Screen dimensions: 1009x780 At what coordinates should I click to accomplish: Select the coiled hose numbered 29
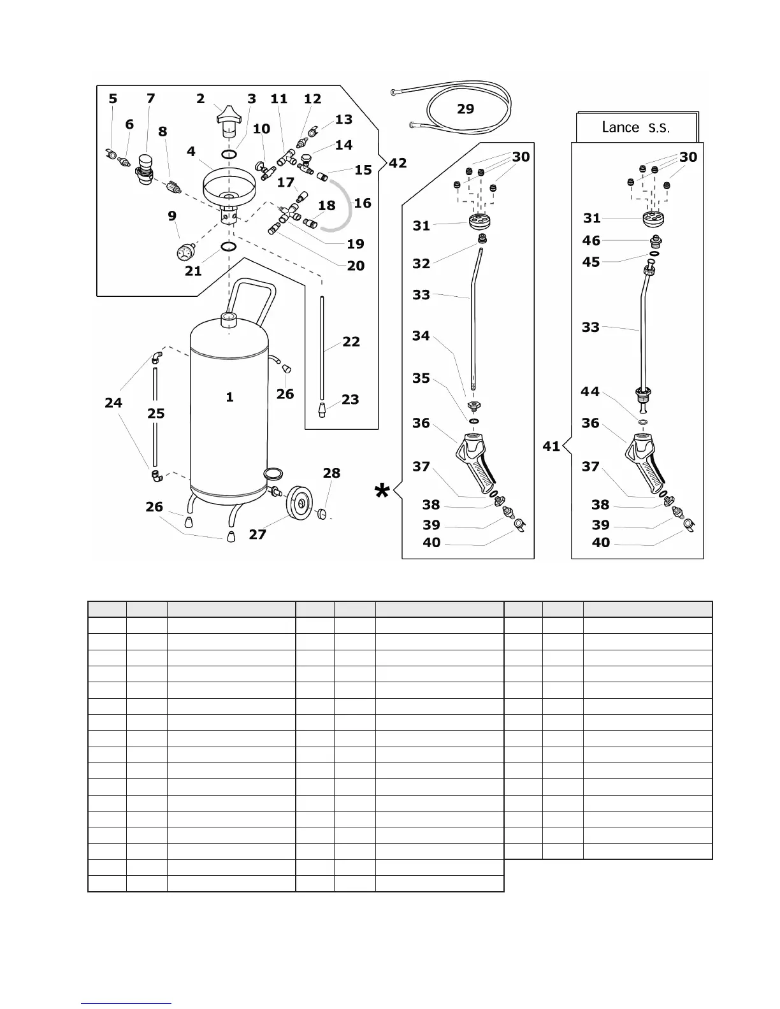pos(468,127)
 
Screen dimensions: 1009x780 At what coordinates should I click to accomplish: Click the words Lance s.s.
pos(635,127)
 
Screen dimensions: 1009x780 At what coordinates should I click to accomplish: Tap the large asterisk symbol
pos(382,492)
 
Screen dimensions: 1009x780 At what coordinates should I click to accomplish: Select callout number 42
pos(398,163)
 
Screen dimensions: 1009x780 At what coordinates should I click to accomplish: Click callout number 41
pos(551,446)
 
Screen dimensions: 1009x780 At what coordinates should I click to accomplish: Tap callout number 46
pos(591,241)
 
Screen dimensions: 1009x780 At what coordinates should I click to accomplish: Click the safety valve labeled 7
pos(146,169)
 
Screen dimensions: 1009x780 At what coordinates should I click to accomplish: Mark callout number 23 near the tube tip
pos(350,399)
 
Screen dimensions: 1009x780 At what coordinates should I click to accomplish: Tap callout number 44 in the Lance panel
pos(590,391)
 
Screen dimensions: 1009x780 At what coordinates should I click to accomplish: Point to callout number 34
pos(421,336)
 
